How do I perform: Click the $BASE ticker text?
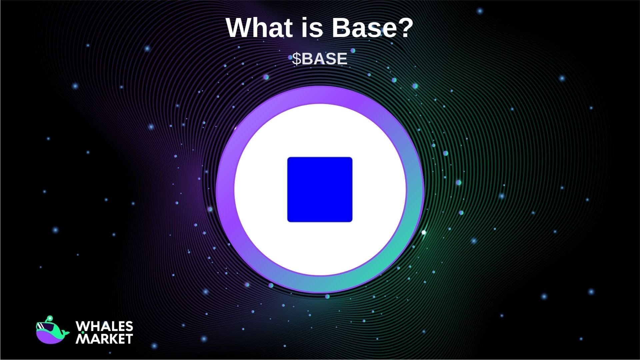pos(320,59)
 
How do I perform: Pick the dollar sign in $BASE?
pos(296,59)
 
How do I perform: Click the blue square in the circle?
pos(320,189)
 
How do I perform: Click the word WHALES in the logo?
pos(105,326)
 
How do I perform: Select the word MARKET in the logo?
pos(105,339)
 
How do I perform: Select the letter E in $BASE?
pos(342,59)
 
